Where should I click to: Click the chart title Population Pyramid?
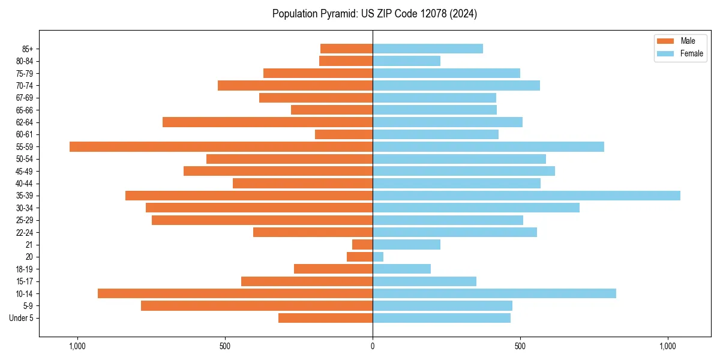374,14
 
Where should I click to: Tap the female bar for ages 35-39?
526,196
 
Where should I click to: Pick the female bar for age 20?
378,257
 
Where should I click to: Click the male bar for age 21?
362,245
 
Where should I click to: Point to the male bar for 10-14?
235,293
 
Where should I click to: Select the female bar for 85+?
428,49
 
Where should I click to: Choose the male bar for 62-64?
268,122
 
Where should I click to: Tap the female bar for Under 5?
442,318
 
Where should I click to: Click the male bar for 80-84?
346,61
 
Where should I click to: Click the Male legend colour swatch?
666,41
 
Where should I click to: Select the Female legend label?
692,53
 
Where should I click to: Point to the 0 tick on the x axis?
373,346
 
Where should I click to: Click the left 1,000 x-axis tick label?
77,346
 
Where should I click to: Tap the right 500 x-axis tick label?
520,346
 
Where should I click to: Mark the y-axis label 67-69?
25,98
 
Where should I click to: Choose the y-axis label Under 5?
21,318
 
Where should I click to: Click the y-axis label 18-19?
25,269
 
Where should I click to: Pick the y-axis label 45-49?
25,171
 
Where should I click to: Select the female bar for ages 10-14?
494,293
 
